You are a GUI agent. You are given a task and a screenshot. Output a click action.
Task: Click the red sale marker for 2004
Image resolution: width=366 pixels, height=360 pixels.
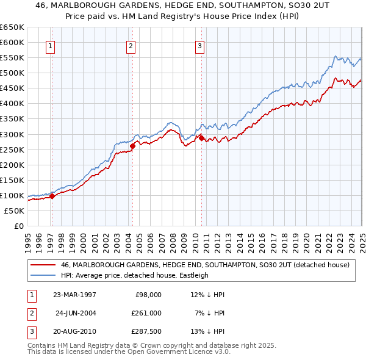coord(133,145)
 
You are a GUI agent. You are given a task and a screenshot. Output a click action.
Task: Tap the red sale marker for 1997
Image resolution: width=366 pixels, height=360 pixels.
coord(52,196)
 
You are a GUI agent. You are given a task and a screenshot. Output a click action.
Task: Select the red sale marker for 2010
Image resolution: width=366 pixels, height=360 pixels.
coord(201,137)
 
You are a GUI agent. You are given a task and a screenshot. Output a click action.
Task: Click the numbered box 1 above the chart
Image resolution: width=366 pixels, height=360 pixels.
coord(50,45)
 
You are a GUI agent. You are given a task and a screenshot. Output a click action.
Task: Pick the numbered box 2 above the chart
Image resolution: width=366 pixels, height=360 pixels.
coord(131,45)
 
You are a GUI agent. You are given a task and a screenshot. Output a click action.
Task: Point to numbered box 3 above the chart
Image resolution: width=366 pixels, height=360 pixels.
coord(199,45)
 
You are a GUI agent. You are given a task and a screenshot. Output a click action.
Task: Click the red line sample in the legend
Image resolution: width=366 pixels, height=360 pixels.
coord(43,265)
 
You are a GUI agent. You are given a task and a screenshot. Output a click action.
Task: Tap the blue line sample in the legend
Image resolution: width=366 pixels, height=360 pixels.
coord(43,275)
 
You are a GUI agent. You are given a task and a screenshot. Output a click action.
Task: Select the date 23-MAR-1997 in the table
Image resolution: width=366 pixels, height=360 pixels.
coord(74,295)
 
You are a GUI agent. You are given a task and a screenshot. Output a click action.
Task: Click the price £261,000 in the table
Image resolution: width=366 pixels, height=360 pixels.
coord(146,313)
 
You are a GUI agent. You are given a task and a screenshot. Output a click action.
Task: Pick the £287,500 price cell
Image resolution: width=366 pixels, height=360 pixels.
coord(146,332)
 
